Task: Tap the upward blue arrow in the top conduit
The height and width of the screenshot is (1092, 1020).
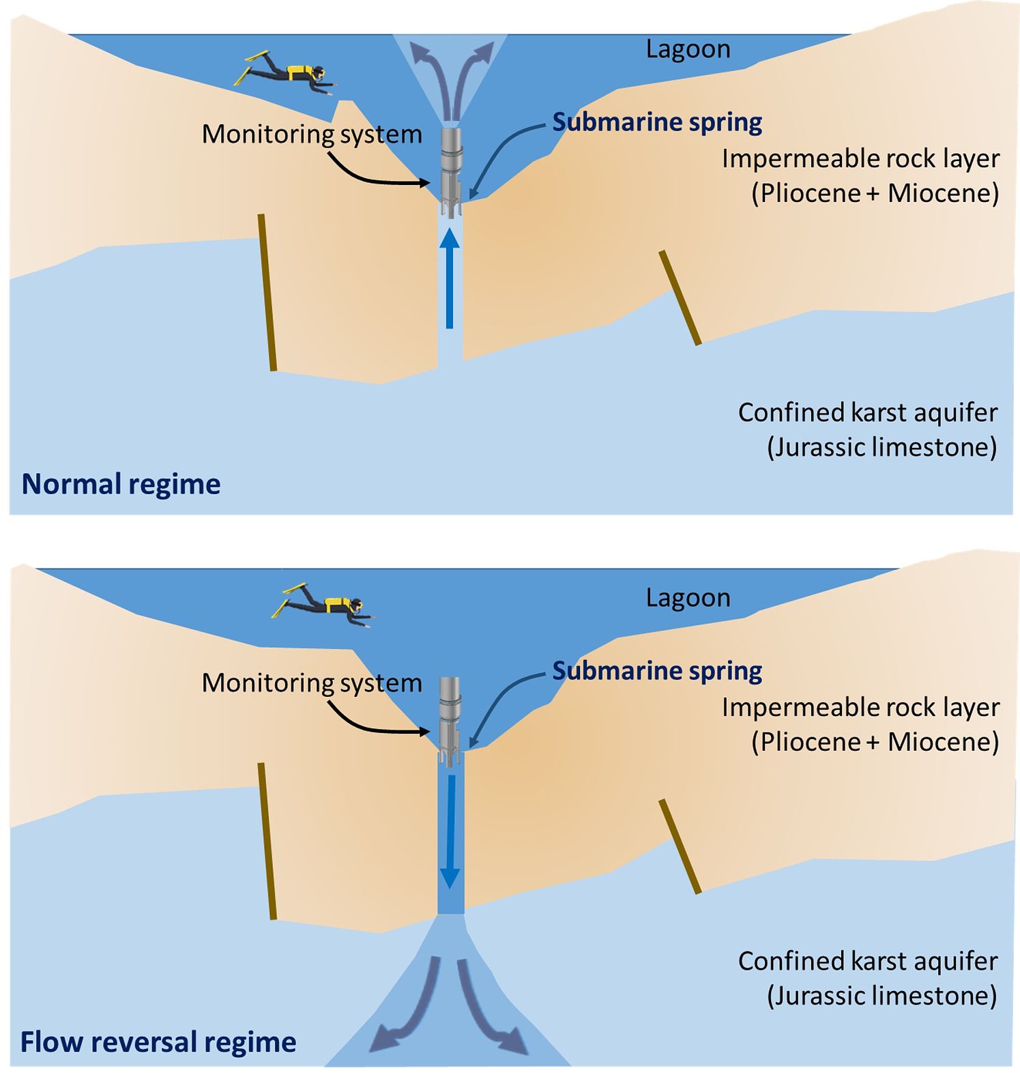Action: (449, 280)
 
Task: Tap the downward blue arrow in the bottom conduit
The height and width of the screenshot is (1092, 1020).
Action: (450, 829)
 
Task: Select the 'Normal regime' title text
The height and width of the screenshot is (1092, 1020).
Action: (121, 484)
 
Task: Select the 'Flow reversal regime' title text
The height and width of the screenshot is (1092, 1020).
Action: (158, 1042)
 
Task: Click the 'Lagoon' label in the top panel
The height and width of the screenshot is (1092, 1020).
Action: (688, 49)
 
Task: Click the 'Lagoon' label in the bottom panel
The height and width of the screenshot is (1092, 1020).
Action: (688, 598)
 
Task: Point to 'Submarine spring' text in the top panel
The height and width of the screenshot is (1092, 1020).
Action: (657, 122)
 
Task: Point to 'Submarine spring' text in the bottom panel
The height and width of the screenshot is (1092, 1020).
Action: (657, 671)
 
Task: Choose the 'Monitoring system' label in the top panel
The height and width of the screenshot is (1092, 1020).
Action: (312, 134)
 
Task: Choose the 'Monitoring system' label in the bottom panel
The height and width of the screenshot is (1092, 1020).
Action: (312, 683)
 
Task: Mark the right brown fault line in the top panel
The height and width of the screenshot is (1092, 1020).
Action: (680, 298)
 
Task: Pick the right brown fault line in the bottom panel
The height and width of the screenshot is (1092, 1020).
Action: (680, 846)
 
